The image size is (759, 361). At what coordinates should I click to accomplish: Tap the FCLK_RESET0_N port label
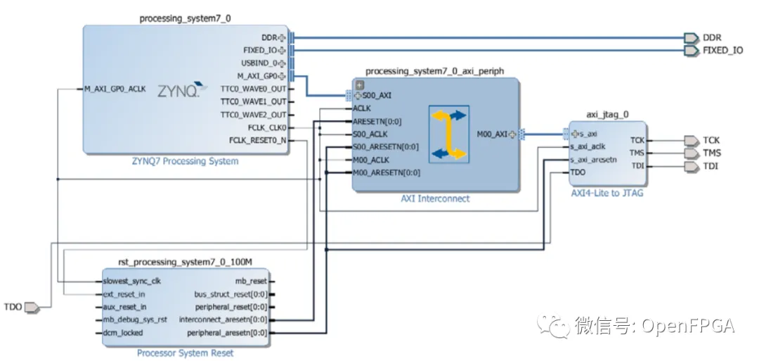[x=257, y=141]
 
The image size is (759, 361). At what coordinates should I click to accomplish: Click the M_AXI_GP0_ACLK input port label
[x=115, y=89]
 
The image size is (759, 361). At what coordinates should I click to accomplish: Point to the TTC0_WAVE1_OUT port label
[x=253, y=102]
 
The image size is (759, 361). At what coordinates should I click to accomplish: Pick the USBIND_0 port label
[x=259, y=63]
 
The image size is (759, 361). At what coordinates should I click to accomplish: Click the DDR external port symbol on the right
[x=692, y=38]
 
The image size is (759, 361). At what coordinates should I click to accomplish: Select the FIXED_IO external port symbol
[x=692, y=51]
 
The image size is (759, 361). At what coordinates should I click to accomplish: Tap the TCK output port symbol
[x=692, y=141]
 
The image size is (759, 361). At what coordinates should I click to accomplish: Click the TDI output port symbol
[x=692, y=167]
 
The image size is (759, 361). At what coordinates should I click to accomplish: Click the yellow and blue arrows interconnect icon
[x=448, y=134]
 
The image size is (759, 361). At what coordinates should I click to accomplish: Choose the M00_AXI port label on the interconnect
[x=492, y=134]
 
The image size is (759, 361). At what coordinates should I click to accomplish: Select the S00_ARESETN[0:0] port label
[x=386, y=147]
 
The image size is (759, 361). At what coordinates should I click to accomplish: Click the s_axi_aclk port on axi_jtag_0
[x=588, y=146]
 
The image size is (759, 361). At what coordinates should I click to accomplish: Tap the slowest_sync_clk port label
[x=131, y=281]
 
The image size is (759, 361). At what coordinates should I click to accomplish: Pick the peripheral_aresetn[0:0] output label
[x=227, y=333]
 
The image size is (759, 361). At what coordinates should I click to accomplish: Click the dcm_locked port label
[x=123, y=333]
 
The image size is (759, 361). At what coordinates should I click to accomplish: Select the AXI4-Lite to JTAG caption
[x=607, y=194]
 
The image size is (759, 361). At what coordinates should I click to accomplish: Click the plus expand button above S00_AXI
[x=360, y=85]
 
